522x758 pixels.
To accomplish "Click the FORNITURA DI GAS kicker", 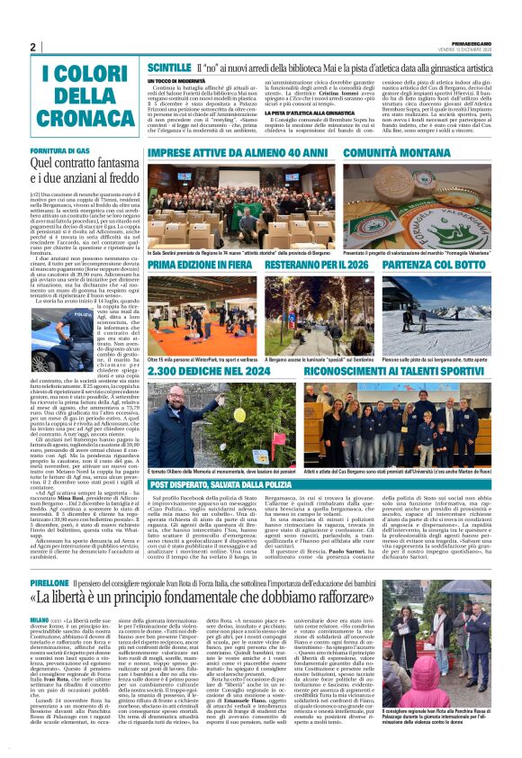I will (x=58, y=149).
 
